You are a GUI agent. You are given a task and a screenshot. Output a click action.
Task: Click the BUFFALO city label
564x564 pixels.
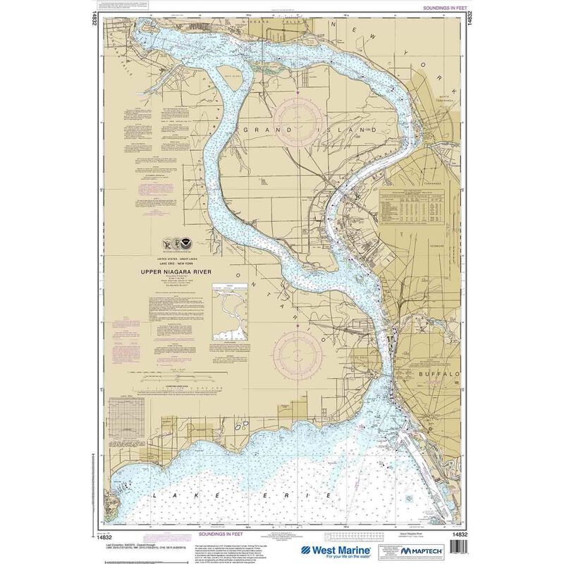pos(439,374)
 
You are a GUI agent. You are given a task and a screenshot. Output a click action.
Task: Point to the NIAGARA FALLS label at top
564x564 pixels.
pos(286,23)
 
